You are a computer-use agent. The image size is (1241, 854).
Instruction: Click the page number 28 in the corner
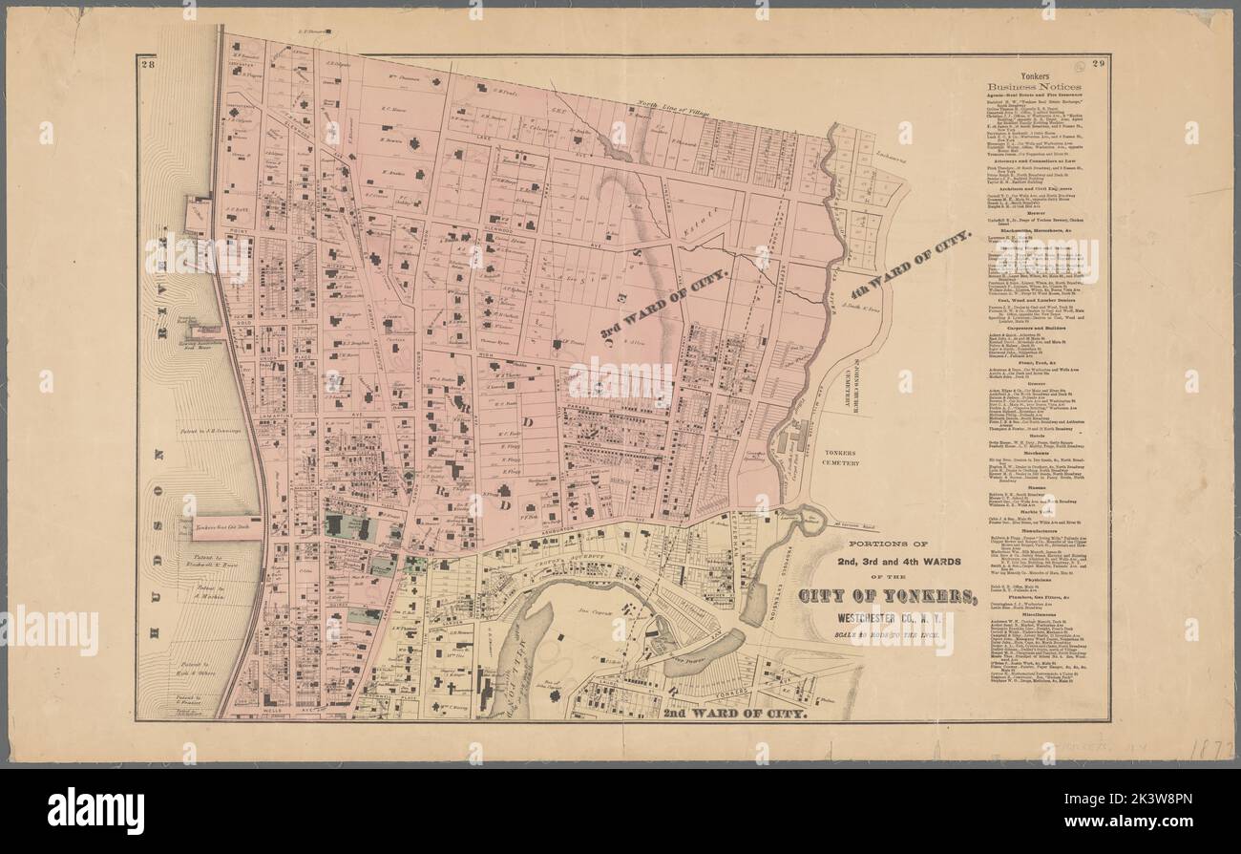point(147,65)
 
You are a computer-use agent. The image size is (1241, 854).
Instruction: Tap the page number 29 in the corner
point(1099,65)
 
